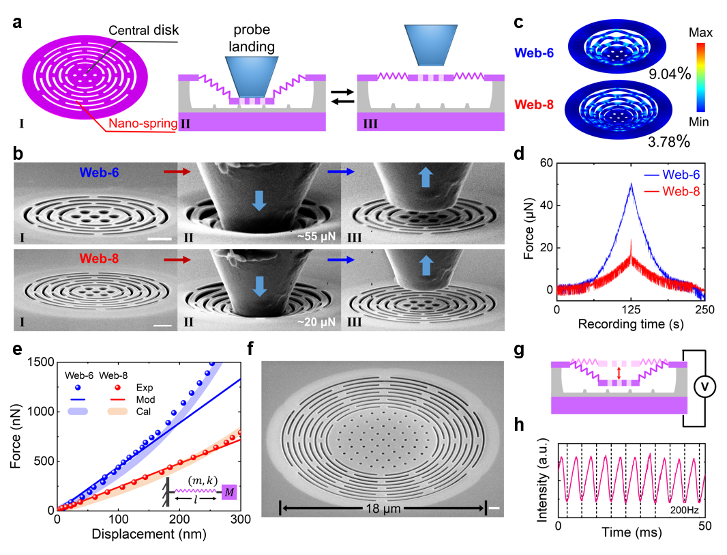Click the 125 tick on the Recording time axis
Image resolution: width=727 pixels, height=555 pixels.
point(631,310)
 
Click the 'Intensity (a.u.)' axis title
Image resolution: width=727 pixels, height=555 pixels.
point(543,476)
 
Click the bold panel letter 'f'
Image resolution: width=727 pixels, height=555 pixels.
point(252,352)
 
